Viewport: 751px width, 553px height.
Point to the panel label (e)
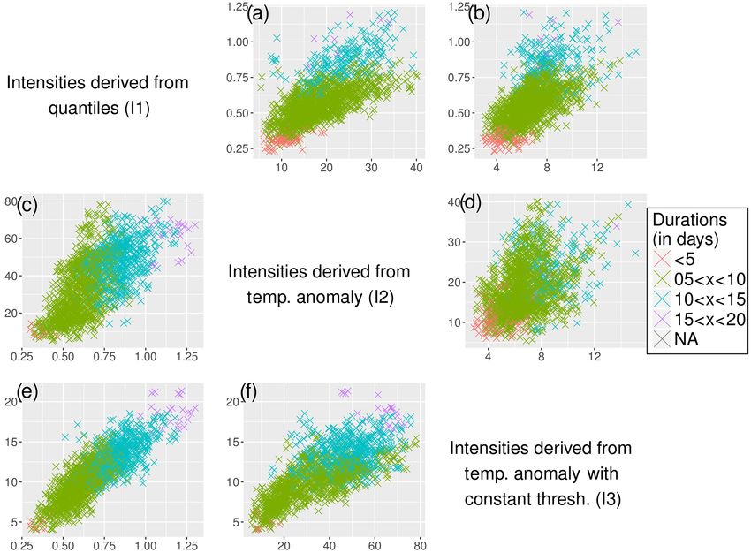pyautogui.click(x=27, y=395)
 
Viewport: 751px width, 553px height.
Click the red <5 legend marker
pyautogui.click(x=662, y=260)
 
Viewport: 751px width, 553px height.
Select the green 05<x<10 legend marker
pyautogui.click(x=662, y=280)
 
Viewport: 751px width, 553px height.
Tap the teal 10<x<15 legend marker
pyautogui.click(x=662, y=300)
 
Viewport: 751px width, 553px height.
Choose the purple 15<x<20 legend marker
pyautogui.click(x=662, y=321)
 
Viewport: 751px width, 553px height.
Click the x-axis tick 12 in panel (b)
pyautogui.click(x=597, y=168)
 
